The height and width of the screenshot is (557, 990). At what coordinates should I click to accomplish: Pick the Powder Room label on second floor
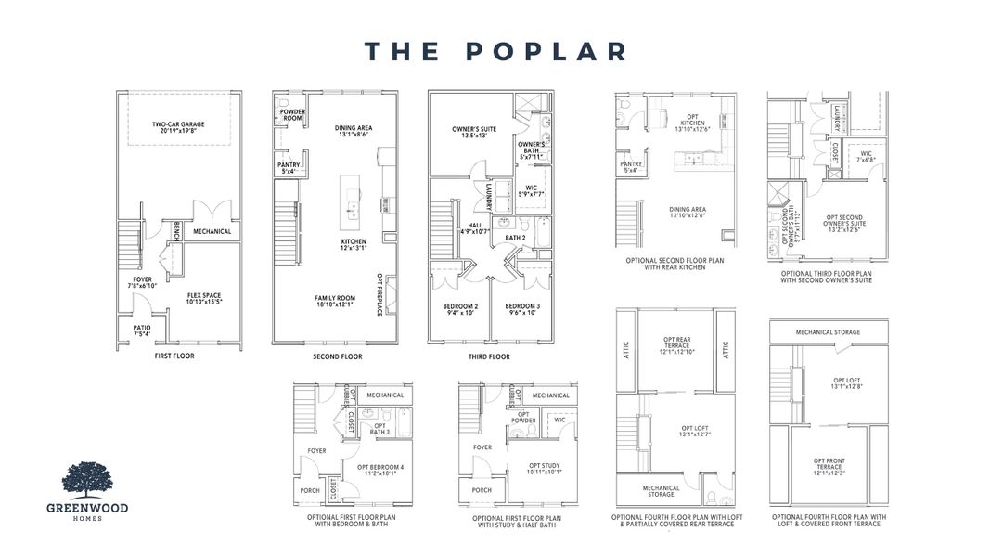click(293, 115)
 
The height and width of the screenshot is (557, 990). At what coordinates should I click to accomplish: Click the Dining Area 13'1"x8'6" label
click(353, 131)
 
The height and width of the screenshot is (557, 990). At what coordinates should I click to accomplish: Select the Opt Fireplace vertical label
click(379, 294)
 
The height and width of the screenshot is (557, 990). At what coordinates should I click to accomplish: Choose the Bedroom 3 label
click(523, 309)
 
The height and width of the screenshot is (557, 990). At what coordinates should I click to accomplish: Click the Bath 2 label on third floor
click(517, 239)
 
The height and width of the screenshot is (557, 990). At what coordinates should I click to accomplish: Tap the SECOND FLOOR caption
click(338, 356)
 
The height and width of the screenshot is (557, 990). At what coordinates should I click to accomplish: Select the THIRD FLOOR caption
click(488, 356)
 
